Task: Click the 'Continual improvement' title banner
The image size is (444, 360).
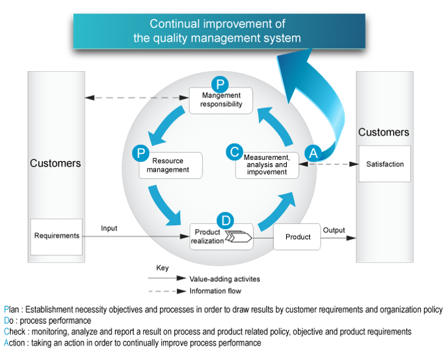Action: tap(219, 31)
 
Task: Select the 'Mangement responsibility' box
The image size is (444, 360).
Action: tap(221, 101)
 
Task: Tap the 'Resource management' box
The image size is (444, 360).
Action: tap(170, 166)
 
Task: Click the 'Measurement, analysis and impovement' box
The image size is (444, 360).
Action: tap(267, 166)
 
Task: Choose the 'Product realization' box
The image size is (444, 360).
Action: tap(221, 237)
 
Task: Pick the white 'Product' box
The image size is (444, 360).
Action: tap(297, 237)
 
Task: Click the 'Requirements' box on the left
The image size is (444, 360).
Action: tap(57, 236)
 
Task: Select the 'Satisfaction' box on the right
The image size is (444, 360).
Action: tap(385, 164)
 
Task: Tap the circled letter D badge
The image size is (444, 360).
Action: tap(225, 219)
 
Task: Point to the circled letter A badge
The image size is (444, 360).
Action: tap(313, 152)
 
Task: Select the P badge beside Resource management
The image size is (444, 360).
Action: tap(140, 153)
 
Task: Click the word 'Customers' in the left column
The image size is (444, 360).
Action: tap(55, 163)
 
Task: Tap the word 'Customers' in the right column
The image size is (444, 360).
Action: tap(383, 132)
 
